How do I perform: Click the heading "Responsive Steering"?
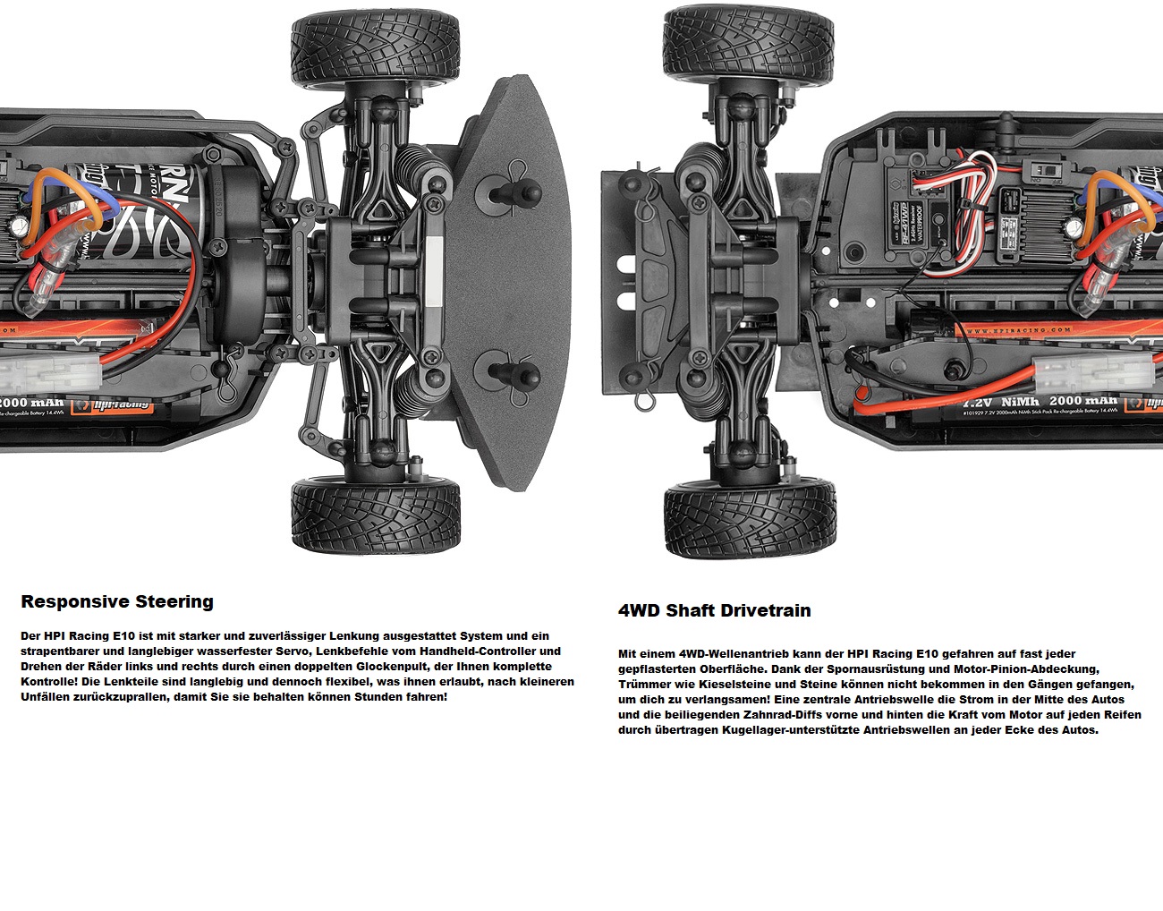tap(116, 601)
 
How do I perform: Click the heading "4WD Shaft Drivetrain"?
tap(714, 610)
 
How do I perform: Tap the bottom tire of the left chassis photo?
tap(376, 515)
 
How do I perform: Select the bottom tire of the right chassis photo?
tap(749, 519)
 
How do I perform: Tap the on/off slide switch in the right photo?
tap(1042, 169)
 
